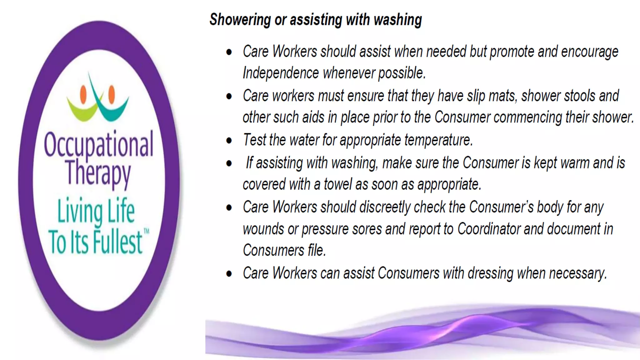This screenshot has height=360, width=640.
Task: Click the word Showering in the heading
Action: click(240, 20)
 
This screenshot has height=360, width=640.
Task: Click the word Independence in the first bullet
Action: click(281, 73)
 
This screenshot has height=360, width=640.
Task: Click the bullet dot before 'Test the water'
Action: click(229, 141)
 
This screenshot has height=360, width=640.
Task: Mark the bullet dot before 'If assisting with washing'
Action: click(229, 163)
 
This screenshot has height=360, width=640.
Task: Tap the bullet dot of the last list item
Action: click(229, 274)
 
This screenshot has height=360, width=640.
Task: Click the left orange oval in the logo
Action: click(83, 94)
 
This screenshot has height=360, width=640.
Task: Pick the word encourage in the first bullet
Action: click(589, 52)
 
